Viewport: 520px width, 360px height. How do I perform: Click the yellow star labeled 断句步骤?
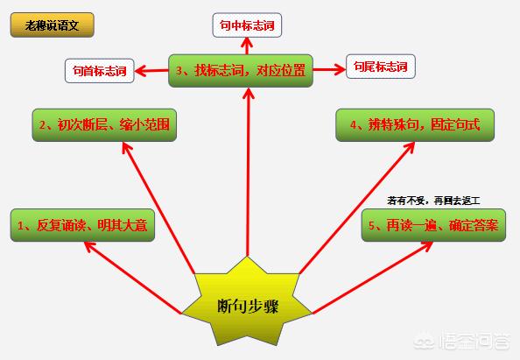(247, 304)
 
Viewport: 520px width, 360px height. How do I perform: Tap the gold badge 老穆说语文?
(53, 25)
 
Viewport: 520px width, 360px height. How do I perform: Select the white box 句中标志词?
(247, 25)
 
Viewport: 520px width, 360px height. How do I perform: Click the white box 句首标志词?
(100, 71)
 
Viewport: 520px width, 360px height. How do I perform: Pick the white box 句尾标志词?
(381, 67)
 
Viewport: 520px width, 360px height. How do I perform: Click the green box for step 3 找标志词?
(241, 71)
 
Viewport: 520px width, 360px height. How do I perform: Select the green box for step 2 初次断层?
(104, 125)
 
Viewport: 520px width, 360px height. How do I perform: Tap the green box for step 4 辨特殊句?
(415, 125)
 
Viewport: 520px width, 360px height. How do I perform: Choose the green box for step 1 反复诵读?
(82, 225)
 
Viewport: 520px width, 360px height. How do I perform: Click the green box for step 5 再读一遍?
(433, 225)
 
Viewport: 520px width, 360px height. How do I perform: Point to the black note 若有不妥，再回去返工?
(433, 201)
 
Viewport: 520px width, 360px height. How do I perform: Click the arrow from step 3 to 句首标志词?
(151, 70)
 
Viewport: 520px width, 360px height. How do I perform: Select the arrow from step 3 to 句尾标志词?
(329, 70)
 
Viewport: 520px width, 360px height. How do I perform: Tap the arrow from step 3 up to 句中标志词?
(247, 46)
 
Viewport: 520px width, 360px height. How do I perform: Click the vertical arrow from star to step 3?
(248, 172)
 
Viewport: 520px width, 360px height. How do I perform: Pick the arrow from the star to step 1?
(133, 278)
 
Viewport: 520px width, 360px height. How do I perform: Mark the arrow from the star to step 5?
(372, 278)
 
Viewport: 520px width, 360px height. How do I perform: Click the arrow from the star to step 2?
(158, 208)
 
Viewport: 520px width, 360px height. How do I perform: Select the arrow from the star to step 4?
(357, 208)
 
